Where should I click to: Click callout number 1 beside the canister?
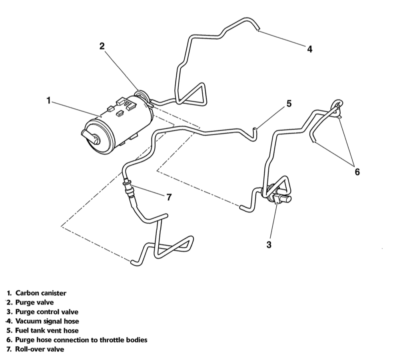coord(48,100)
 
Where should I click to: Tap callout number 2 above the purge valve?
coord(102,46)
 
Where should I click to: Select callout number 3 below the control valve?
coord(269,245)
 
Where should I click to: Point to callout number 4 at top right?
coord(309,49)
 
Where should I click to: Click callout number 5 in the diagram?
coord(289,104)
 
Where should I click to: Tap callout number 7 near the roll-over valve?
coord(169,197)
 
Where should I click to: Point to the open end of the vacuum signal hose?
coord(259,28)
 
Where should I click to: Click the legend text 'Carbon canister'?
coord(41,293)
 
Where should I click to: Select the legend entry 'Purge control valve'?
coord(47,312)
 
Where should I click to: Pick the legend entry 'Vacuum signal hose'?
coord(47,321)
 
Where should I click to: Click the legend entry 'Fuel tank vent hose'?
coord(47,330)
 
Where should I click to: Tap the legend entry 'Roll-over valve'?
coord(40,349)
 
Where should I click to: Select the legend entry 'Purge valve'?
coord(34,302)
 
